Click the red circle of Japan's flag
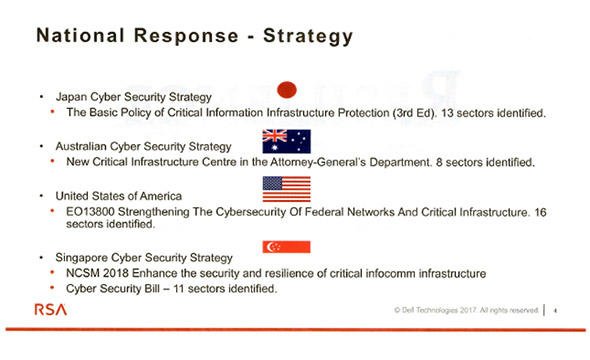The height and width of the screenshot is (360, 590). (x=287, y=90)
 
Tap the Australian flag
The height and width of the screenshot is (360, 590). (x=287, y=141)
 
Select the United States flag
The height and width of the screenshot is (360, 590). (x=287, y=189)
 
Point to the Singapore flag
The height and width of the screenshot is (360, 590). (x=287, y=247)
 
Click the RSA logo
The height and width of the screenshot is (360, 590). (x=51, y=310)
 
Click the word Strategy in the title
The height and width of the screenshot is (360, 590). (x=308, y=36)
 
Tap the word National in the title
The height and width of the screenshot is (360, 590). (x=80, y=35)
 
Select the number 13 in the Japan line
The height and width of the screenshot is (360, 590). (x=447, y=113)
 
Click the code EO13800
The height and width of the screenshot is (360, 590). (x=90, y=212)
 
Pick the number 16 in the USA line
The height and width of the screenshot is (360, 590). (x=540, y=212)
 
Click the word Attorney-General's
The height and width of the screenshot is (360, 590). (x=318, y=162)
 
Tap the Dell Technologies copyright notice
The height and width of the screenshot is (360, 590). (x=466, y=310)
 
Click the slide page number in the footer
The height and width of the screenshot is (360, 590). (x=555, y=311)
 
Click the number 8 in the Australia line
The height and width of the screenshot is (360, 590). (x=439, y=163)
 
